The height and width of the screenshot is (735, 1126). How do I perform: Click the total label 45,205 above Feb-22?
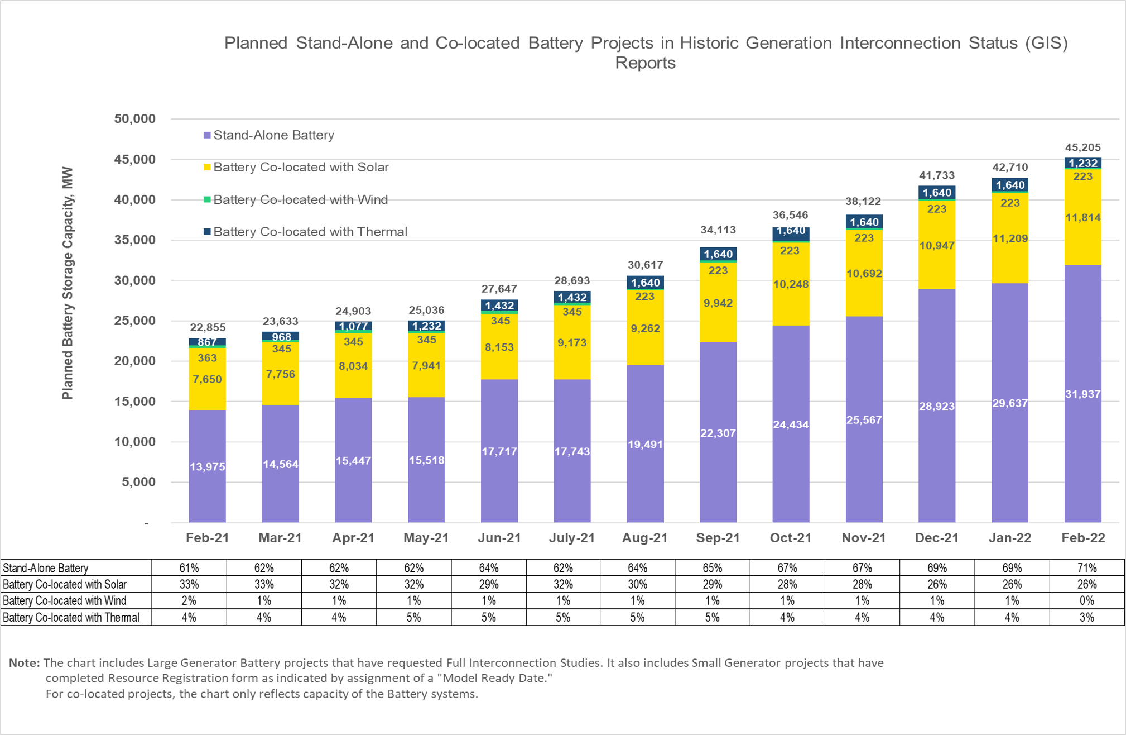[1082, 147]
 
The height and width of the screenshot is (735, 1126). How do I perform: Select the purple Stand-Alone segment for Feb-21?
[207, 466]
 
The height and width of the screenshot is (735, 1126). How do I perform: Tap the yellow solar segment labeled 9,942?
[718, 303]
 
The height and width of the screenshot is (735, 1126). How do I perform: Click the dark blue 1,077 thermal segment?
[353, 326]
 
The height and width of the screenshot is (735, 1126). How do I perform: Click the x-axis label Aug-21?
[644, 538]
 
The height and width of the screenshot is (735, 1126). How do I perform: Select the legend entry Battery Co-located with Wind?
[300, 199]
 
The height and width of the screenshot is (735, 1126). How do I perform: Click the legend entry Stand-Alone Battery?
[273, 135]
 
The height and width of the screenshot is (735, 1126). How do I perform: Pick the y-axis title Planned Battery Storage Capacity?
[68, 283]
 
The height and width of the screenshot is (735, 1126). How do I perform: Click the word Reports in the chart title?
[645, 63]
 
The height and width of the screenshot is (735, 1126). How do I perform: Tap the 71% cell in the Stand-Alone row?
[1086, 568]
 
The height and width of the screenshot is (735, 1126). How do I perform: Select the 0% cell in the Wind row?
[1086, 601]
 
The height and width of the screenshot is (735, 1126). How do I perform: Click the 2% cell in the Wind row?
[189, 601]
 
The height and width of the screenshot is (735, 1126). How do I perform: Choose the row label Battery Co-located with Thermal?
[71, 618]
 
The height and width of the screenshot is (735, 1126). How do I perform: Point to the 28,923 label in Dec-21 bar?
[936, 406]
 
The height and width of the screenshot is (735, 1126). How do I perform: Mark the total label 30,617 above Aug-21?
[644, 265]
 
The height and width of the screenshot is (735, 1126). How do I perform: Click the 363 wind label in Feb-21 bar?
[207, 358]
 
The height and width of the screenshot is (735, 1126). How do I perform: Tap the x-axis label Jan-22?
[1009, 538]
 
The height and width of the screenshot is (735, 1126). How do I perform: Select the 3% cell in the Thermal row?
[1086, 618]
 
